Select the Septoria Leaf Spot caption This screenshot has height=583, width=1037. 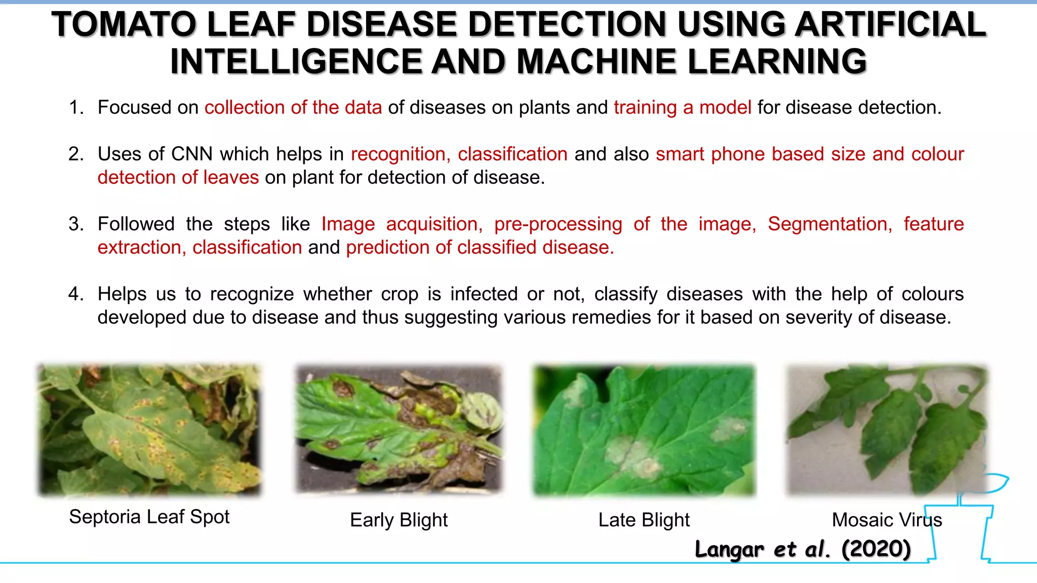149,517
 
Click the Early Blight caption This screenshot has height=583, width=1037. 398,520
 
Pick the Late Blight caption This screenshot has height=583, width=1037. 644,520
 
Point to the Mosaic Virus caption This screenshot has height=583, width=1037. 887,520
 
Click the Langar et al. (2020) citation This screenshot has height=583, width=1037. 803,549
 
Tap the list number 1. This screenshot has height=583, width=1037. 75,107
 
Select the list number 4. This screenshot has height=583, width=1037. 75,294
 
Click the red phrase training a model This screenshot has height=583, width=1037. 682,107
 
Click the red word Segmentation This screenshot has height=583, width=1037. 829,224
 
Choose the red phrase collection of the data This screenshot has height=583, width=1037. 293,107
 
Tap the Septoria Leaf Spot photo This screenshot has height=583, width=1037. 149,429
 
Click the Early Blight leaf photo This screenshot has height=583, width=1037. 399,429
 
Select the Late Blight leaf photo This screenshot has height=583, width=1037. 644,429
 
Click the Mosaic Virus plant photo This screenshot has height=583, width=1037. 886,429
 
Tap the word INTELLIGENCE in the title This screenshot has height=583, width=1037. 296,62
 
